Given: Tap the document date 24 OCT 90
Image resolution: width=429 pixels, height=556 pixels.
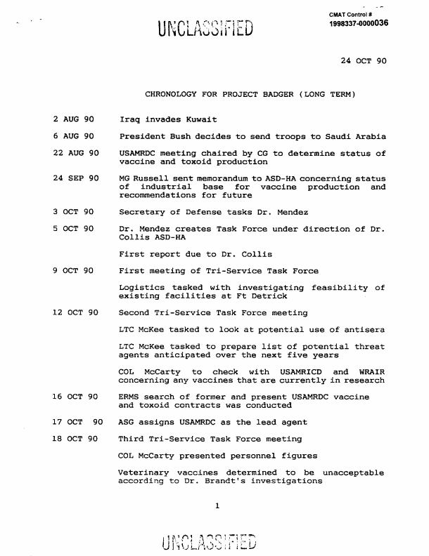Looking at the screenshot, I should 363,61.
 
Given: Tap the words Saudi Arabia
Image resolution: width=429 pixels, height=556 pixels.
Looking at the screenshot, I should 353,136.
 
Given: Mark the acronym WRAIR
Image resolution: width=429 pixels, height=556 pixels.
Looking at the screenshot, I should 369,371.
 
